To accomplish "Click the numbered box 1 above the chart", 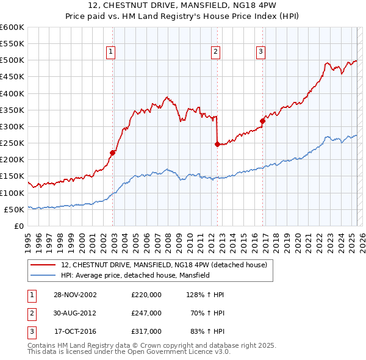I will tap(111, 52).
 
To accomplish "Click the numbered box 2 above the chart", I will tap(216, 52).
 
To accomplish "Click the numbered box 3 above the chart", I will tap(260, 52).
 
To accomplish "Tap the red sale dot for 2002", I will tap(113, 153).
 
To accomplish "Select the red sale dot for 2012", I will tap(217, 144).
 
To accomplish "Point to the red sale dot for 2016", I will tap(262, 121).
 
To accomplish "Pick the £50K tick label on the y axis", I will tap(14, 209).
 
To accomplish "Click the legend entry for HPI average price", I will tap(135, 275).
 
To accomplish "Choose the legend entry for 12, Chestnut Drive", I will tap(164, 265).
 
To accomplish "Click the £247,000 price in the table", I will tap(146, 313).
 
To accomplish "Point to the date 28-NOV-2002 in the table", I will tap(75, 295).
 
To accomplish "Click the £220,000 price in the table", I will tap(146, 295).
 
